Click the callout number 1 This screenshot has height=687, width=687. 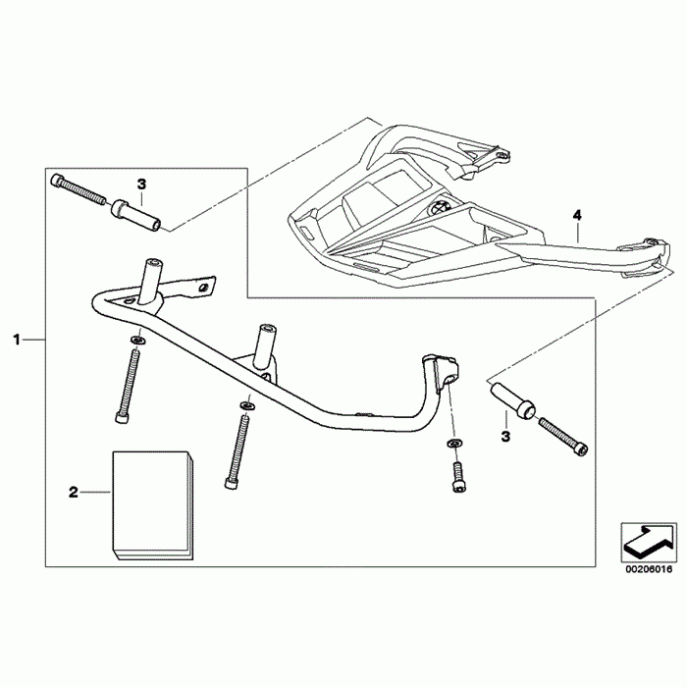[x=17, y=340]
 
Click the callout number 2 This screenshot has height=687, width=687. [x=73, y=492]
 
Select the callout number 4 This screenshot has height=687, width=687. [x=577, y=213]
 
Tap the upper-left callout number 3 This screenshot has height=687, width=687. [x=141, y=184]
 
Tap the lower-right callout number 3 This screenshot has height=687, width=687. [x=506, y=435]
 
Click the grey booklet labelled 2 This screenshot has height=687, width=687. [x=152, y=505]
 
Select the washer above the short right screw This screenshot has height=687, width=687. [x=454, y=447]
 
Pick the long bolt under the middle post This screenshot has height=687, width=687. [x=237, y=447]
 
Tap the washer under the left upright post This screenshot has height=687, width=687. [x=137, y=340]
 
